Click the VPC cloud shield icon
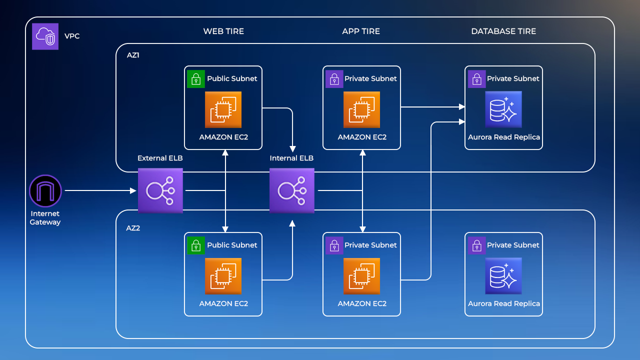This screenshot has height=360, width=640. [x=45, y=36]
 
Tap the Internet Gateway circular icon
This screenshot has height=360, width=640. [x=45, y=190]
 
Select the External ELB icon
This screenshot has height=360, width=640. [x=160, y=190]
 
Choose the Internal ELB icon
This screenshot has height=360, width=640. [x=292, y=190]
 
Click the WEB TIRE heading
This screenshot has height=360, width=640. [x=223, y=31]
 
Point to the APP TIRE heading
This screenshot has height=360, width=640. [x=361, y=31]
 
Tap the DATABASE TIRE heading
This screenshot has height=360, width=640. [x=503, y=31]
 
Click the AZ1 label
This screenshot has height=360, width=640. [x=133, y=55]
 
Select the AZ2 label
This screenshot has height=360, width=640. [x=133, y=227]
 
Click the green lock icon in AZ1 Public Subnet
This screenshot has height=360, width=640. [x=196, y=79]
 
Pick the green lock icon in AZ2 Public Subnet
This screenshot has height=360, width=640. [x=196, y=245]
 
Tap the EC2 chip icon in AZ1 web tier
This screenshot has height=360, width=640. [x=223, y=109]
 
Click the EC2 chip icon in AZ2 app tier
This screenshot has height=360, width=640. [x=361, y=276]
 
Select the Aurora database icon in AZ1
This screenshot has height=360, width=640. [x=503, y=109]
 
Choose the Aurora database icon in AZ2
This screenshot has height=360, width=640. [x=503, y=276]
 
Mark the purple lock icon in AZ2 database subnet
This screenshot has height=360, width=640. [x=477, y=245]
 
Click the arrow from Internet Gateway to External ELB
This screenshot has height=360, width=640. [x=100, y=190]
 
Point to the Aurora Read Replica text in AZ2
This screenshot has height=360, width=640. [x=503, y=303]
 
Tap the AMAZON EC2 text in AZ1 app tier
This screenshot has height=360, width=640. [x=362, y=137]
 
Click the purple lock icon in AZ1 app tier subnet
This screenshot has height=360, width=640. [x=334, y=79]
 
